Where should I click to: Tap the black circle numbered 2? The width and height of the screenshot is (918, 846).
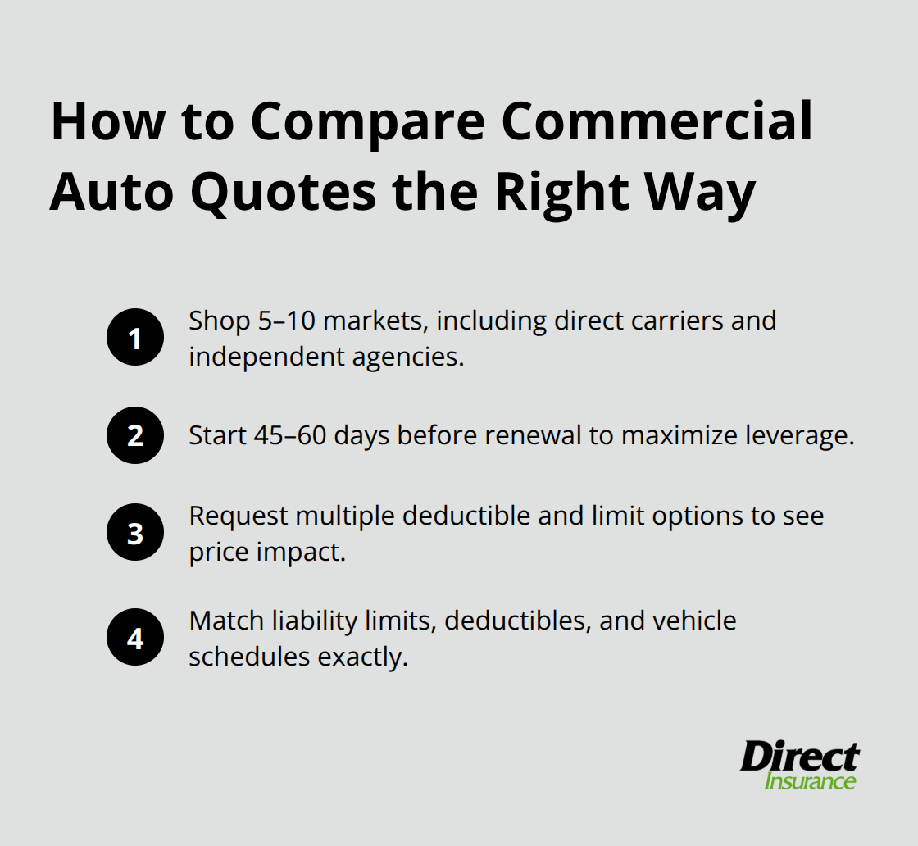click(x=135, y=435)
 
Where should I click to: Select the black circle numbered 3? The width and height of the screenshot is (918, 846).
click(x=135, y=533)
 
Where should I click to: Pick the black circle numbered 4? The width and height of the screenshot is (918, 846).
click(x=135, y=638)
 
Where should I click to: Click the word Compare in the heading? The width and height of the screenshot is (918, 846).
click(x=363, y=121)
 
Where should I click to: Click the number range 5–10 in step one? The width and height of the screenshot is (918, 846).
click(x=281, y=320)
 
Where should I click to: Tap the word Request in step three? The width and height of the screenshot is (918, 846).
click(x=239, y=516)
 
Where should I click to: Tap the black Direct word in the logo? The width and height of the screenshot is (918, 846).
click(x=800, y=756)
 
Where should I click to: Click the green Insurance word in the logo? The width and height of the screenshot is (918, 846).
click(x=810, y=780)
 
